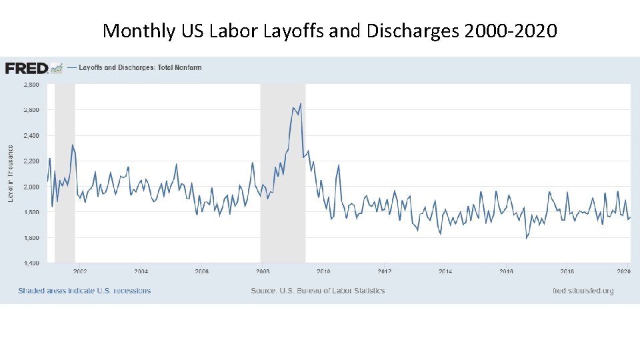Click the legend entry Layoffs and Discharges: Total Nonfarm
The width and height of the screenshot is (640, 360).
(140, 67)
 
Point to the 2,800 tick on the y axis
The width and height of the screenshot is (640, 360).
(31, 85)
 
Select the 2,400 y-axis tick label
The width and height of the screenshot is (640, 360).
(31, 135)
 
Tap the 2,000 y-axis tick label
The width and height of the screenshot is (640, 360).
(31, 187)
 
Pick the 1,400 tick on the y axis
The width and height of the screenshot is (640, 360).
(31, 263)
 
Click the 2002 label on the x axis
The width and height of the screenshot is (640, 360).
(80, 271)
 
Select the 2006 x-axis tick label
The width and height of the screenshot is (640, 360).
(202, 271)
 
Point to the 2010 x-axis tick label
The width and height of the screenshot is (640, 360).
(323, 271)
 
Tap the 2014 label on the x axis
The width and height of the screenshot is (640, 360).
(445, 271)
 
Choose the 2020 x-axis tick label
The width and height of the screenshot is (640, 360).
(624, 271)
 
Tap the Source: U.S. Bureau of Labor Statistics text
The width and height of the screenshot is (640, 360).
(317, 291)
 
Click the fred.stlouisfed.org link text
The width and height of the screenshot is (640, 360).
(583, 291)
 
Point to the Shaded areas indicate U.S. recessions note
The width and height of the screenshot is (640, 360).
(85, 291)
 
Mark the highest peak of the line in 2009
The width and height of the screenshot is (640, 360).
(301, 103)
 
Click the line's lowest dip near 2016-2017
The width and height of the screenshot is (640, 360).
(526, 238)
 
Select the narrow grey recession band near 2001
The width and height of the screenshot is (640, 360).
(65, 173)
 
